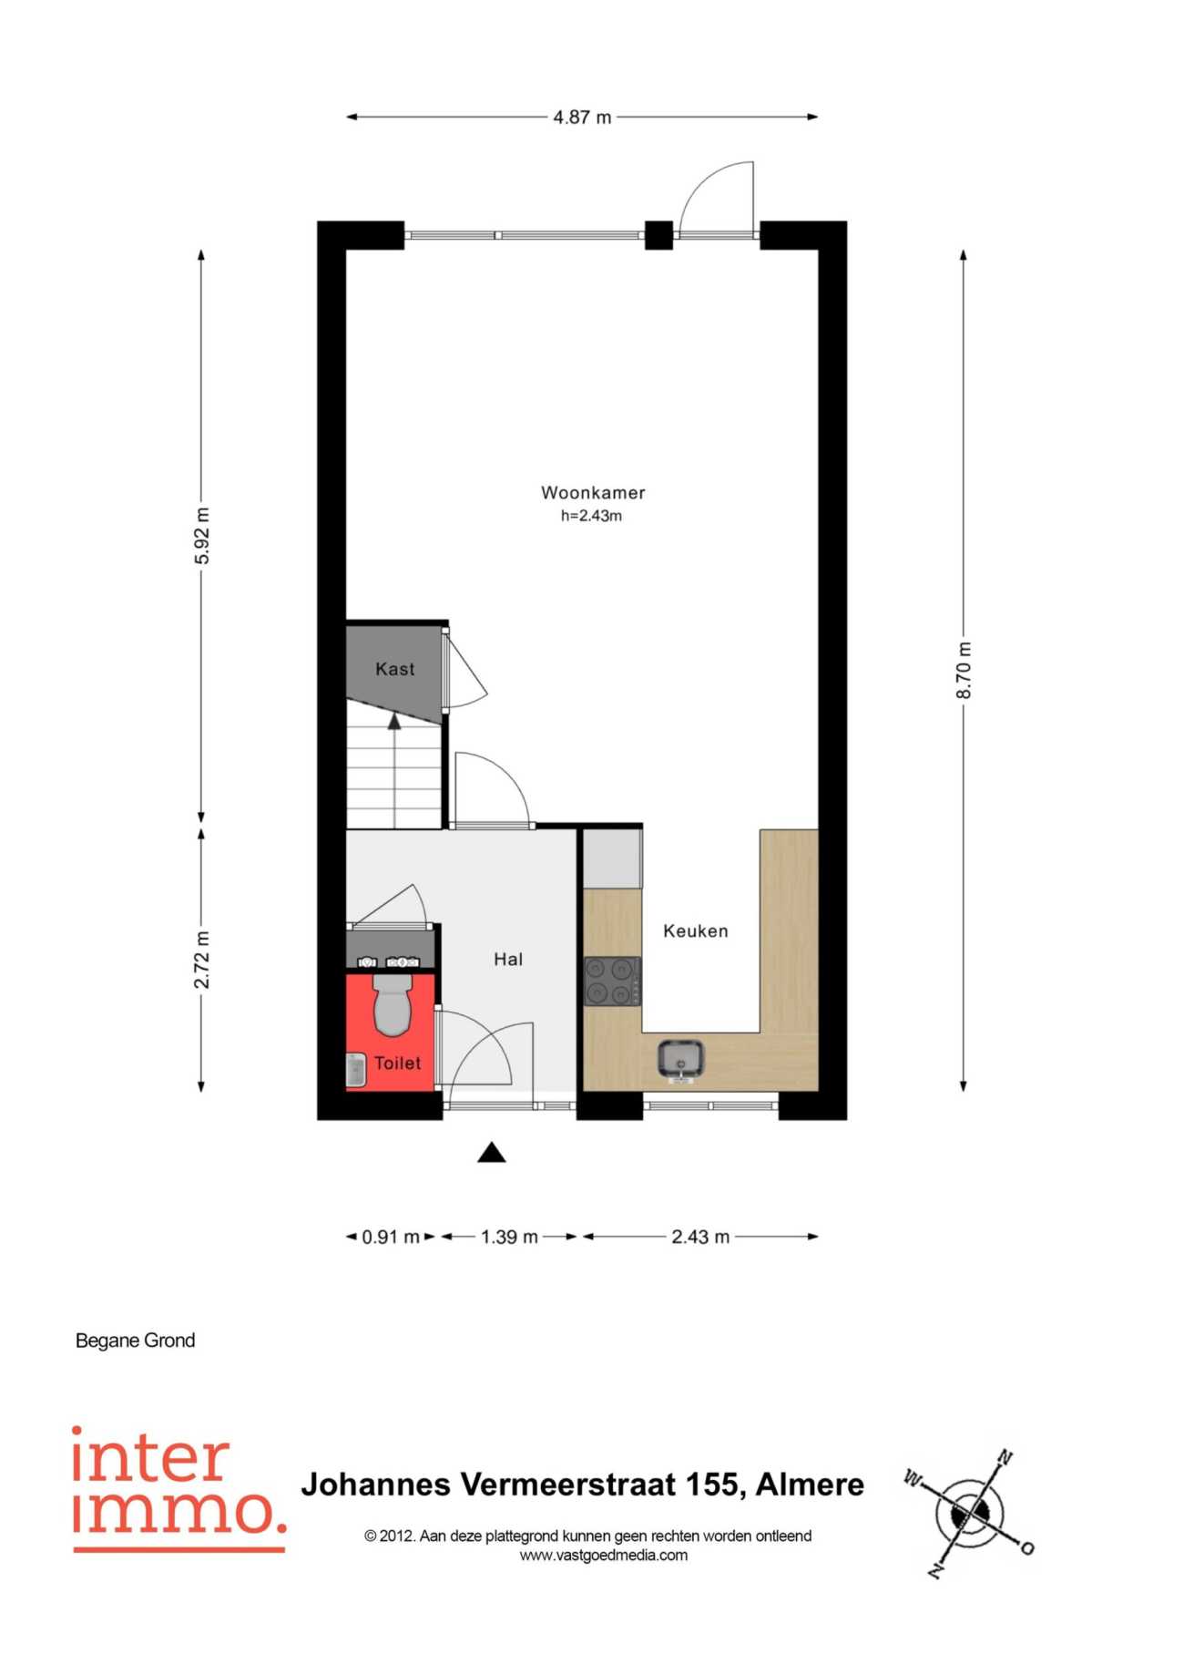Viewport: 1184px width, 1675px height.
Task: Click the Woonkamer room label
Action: tap(593, 493)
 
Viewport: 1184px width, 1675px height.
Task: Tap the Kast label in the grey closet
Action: tap(394, 669)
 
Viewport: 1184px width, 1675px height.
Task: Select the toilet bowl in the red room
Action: tap(393, 1004)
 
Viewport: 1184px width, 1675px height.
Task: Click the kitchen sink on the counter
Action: tap(680, 1059)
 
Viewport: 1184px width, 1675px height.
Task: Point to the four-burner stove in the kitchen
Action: tap(611, 981)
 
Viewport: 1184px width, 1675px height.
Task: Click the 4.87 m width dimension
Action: tap(583, 117)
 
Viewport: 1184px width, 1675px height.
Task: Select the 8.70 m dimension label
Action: tap(964, 671)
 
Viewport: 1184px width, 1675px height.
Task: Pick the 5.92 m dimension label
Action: tap(202, 536)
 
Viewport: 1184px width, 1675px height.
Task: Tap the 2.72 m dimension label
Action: tap(202, 960)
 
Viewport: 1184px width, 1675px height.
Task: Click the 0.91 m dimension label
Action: tap(391, 1237)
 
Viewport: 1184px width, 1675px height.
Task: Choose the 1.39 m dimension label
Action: tap(509, 1237)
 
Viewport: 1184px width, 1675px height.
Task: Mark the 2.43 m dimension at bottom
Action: tap(700, 1237)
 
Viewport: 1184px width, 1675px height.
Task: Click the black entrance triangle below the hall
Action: tap(492, 1153)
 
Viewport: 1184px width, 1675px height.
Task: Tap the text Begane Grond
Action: tap(135, 1341)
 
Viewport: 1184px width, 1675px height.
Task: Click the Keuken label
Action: tap(696, 931)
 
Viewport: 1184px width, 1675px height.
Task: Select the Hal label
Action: tap(508, 959)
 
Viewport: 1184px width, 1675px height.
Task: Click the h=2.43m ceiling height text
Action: tap(591, 516)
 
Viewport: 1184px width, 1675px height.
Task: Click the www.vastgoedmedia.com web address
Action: tap(603, 1555)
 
